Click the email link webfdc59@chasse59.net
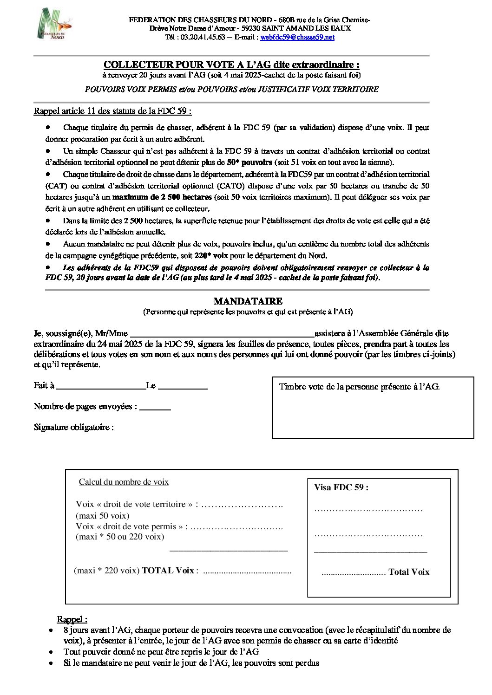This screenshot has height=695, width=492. [x=297, y=37]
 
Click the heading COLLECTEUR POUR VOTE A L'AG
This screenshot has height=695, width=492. [x=231, y=65]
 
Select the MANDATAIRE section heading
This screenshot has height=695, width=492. [x=248, y=301]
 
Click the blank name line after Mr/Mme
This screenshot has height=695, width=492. [x=222, y=334]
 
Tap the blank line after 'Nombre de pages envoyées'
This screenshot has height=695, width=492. [x=155, y=407]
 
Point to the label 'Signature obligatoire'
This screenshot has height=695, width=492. [x=73, y=427]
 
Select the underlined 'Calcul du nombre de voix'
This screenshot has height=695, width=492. [x=124, y=482]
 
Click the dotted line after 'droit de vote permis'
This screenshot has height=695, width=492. [x=236, y=527]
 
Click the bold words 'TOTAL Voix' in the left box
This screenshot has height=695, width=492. [x=168, y=571]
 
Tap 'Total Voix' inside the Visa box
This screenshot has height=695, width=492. [x=409, y=572]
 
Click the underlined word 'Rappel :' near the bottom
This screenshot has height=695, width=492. [x=72, y=619]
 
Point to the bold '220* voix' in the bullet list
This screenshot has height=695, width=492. [x=211, y=256]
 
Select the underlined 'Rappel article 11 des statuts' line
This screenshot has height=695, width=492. [x=112, y=111]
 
